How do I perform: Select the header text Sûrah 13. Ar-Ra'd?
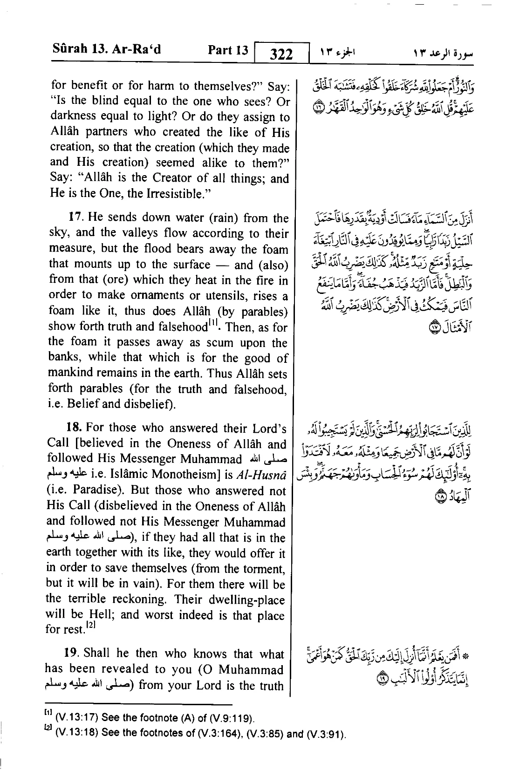pyautogui.click(x=105, y=49)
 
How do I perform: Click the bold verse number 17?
pyautogui.click(x=75, y=218)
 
